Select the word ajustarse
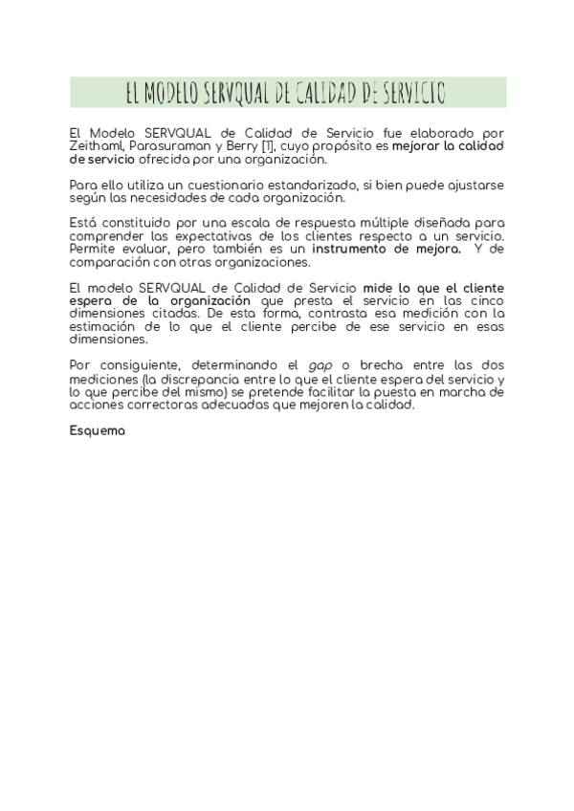(475, 185)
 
